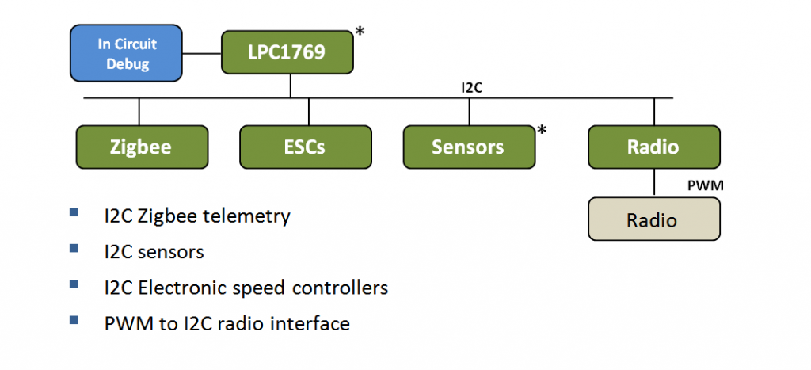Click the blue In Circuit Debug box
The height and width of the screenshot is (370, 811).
pos(126,53)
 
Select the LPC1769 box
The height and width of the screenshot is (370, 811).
pos(287,51)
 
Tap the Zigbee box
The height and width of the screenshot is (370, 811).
pos(142,147)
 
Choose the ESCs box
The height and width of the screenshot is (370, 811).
pos(306,147)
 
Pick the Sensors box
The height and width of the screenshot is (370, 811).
pos(469,147)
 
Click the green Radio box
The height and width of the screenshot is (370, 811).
pos(654,147)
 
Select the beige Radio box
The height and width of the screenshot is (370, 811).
pos(654,219)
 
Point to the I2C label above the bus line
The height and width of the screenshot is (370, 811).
pos(472,87)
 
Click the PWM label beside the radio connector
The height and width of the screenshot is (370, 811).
pos(705,185)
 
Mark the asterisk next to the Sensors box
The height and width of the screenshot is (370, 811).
pos(542,131)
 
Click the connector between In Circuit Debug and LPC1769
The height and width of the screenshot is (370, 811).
pos(202,53)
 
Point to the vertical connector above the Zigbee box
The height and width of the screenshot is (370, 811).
pos(139,111)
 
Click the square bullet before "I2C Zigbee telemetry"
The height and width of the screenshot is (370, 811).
pos(74,212)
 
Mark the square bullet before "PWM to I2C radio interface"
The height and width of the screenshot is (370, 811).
pos(74,320)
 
